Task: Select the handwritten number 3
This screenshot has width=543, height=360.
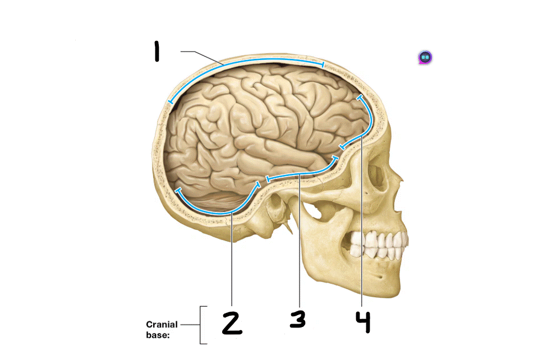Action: tap(298, 319)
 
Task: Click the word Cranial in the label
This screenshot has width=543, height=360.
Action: tap(162, 324)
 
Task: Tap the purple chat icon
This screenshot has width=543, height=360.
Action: tap(425, 57)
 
